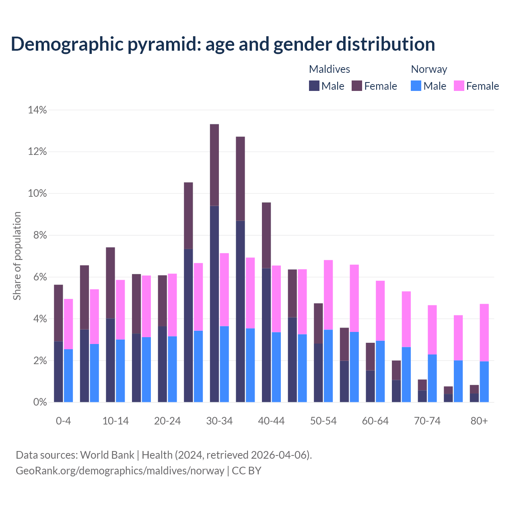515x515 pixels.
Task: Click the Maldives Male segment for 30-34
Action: click(x=214, y=304)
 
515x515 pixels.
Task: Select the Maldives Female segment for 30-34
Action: click(x=214, y=165)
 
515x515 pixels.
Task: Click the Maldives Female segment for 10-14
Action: click(x=110, y=283)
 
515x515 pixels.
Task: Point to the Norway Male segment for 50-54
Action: click(x=328, y=366)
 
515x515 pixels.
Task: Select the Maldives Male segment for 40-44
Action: click(x=266, y=335)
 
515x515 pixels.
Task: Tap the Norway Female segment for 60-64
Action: click(x=380, y=311)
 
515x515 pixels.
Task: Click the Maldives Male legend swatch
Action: click(x=314, y=86)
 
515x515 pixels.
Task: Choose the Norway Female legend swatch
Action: click(x=459, y=86)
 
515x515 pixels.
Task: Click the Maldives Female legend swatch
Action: click(x=357, y=86)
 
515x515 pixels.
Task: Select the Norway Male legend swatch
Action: click(x=416, y=86)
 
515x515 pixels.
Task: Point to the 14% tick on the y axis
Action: click(x=37, y=110)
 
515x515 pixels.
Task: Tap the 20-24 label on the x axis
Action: click(x=167, y=421)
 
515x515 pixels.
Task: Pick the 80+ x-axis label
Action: click(x=479, y=421)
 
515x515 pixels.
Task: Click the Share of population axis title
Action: click(x=17, y=256)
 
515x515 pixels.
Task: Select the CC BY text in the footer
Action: click(x=247, y=470)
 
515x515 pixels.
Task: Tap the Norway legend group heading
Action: click(x=429, y=69)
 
